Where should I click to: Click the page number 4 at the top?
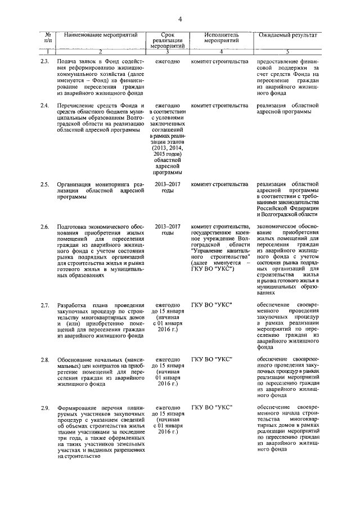click(180, 20)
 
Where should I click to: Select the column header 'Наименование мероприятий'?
click(101, 35)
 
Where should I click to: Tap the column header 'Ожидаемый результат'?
click(287, 35)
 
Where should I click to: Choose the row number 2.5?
click(45, 184)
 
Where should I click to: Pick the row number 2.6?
click(45, 226)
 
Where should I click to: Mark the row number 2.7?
click(45, 304)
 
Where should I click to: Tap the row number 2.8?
click(45, 358)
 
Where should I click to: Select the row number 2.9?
click(45, 407)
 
